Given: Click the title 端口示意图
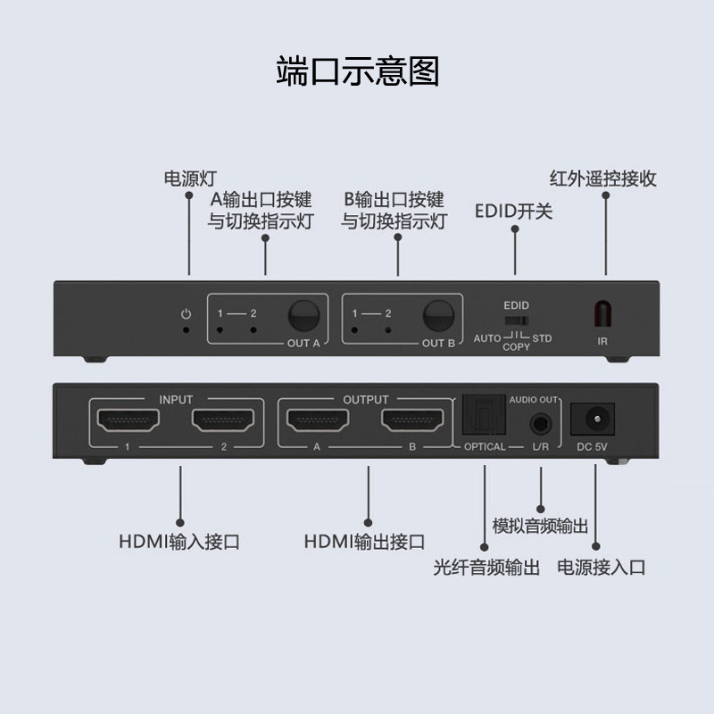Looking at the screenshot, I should [357, 71].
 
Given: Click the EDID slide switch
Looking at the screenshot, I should [516, 320].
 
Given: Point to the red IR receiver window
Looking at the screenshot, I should [604, 315].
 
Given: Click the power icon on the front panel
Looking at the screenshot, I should [186, 313].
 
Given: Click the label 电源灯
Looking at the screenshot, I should [190, 178].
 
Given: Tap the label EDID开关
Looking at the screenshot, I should [515, 212].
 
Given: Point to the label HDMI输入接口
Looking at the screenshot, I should [178, 541].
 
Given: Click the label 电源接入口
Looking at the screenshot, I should [601, 567].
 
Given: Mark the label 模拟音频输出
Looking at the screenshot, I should [541, 526].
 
